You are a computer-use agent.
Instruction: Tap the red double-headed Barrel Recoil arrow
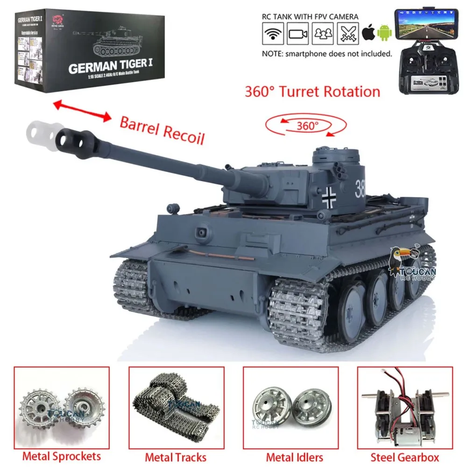point(83,111)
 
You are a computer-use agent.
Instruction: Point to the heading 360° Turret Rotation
point(312,91)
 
